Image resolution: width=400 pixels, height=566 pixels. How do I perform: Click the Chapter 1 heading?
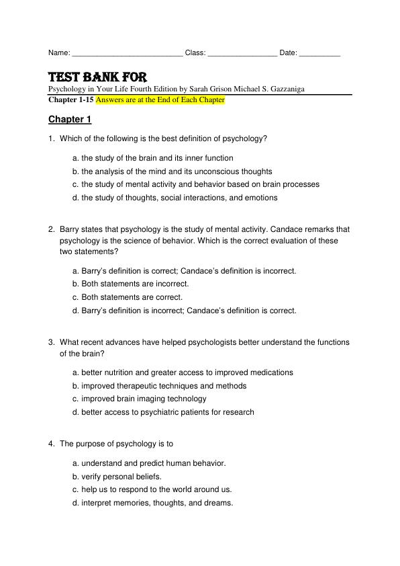(x=70, y=120)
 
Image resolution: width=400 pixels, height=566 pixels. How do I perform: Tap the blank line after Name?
(x=126, y=53)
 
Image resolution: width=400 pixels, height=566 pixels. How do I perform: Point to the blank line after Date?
(x=319, y=53)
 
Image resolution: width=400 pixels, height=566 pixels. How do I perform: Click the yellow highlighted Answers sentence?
(x=160, y=99)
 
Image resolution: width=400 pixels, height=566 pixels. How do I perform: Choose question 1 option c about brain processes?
(x=195, y=184)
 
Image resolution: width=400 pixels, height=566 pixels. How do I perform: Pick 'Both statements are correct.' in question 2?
(x=127, y=297)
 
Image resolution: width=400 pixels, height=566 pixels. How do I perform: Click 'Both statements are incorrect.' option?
(x=130, y=284)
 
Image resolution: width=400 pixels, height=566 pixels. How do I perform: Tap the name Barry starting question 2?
(x=70, y=229)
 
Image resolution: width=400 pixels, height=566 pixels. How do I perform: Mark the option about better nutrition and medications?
(x=183, y=372)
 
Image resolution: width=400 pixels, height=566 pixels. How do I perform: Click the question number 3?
(x=51, y=342)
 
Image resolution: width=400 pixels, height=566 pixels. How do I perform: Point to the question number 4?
(x=51, y=444)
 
